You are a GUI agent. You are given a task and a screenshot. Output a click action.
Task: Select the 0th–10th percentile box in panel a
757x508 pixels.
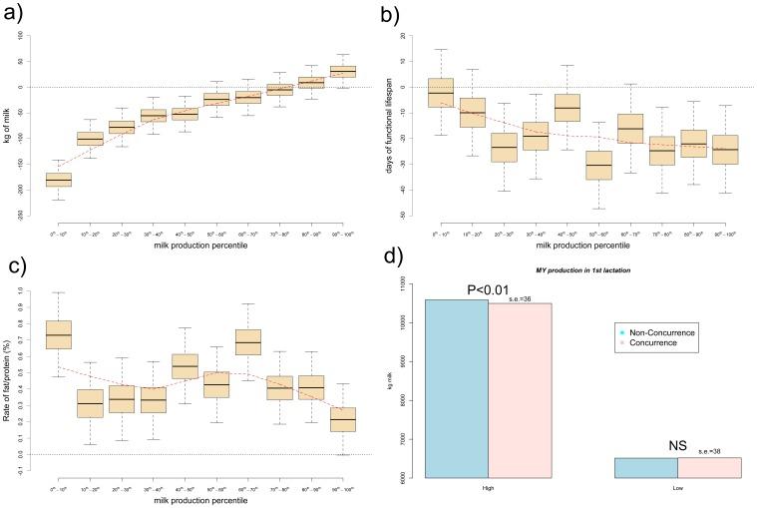[x=59, y=180]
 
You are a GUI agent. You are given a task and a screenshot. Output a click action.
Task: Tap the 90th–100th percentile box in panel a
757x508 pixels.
[x=343, y=71]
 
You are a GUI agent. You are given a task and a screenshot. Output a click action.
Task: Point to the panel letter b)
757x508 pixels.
[x=391, y=14]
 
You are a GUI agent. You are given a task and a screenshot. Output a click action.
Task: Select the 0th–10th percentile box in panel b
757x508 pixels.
[x=441, y=92]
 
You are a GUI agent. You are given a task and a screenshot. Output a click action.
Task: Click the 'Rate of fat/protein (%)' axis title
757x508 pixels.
[x=10, y=373]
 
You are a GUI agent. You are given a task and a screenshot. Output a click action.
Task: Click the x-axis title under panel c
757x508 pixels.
[x=200, y=497]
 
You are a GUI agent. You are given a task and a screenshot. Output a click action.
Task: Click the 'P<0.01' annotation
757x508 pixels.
[x=488, y=290]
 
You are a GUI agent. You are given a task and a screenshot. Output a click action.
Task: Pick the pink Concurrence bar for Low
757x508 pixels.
[x=709, y=468]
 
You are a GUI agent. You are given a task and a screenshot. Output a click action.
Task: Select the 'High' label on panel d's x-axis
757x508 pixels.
[x=488, y=488]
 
